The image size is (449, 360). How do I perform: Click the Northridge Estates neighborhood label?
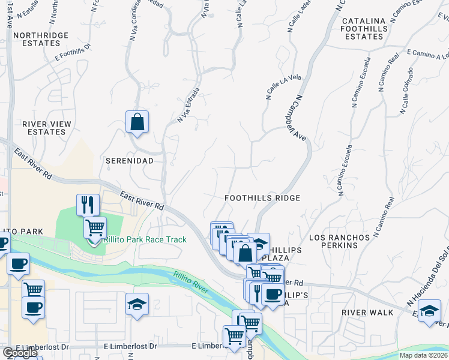[41, 40]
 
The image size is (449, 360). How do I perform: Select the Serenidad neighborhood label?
[129, 161]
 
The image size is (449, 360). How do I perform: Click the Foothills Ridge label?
[262, 197]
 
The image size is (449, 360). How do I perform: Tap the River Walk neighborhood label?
[367, 313]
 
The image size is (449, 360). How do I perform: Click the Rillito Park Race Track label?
[145, 239]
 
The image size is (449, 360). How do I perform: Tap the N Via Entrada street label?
[188, 106]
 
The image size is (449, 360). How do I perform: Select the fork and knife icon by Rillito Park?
[88, 205]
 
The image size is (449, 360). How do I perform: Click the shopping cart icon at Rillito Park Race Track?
[95, 228]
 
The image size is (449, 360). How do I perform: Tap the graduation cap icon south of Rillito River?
[137, 304]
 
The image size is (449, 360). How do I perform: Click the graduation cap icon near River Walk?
[429, 311]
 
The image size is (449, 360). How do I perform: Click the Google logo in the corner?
[19, 353]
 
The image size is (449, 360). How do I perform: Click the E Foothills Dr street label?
[72, 52]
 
